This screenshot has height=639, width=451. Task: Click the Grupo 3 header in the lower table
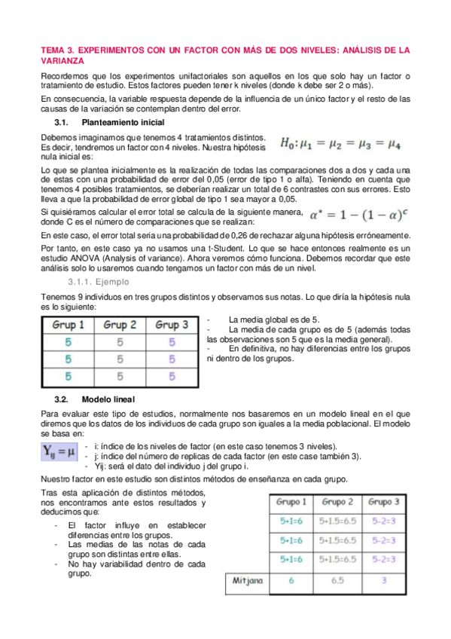[384, 502]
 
